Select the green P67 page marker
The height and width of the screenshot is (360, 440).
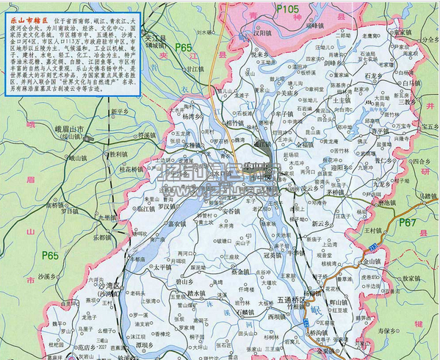[406, 223]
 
